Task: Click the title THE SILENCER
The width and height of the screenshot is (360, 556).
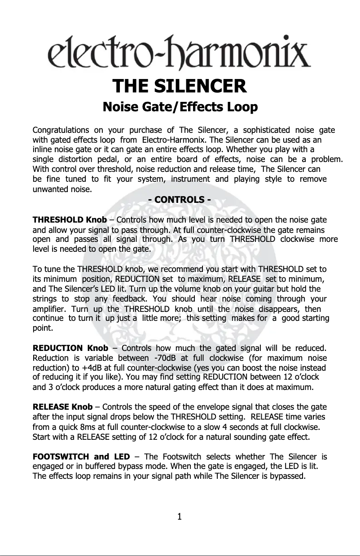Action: (180, 85)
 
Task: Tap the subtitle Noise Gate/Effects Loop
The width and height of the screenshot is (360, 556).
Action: (180, 108)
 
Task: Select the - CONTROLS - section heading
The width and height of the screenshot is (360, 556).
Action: (180, 199)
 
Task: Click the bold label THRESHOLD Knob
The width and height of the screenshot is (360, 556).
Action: (70, 220)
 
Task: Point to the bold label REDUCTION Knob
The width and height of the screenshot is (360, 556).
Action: (70, 348)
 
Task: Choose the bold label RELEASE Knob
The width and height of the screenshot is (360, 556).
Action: (63, 407)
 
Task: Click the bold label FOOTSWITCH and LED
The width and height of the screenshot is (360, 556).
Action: (81, 457)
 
